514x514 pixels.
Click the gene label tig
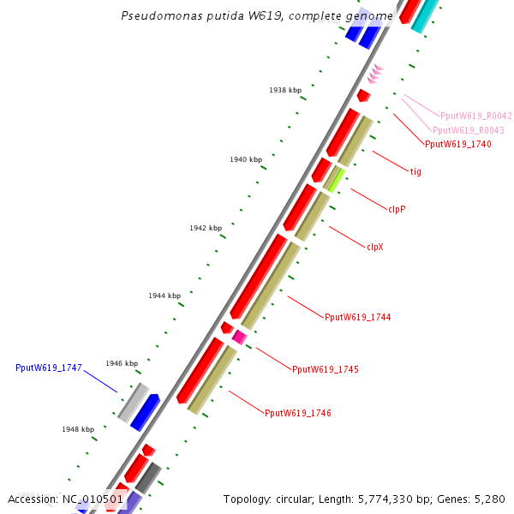(415, 171)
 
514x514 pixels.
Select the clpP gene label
(397, 209)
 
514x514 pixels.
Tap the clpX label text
(375, 247)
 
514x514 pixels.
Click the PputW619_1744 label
(357, 317)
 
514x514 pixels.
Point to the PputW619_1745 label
(325, 370)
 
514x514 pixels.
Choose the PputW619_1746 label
(297, 413)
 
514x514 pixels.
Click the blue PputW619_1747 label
(48, 368)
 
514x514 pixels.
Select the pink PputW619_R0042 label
(475, 116)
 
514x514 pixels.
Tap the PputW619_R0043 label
(468, 130)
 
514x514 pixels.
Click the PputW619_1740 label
(457, 144)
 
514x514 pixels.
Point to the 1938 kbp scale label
(285, 90)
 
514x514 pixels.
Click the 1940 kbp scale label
(246, 159)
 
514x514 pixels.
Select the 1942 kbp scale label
(206, 228)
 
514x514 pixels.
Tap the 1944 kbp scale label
(164, 296)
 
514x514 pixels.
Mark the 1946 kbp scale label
(122, 363)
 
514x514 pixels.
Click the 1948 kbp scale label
(78, 429)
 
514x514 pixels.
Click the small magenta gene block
(240, 338)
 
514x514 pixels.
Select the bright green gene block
(335, 180)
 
